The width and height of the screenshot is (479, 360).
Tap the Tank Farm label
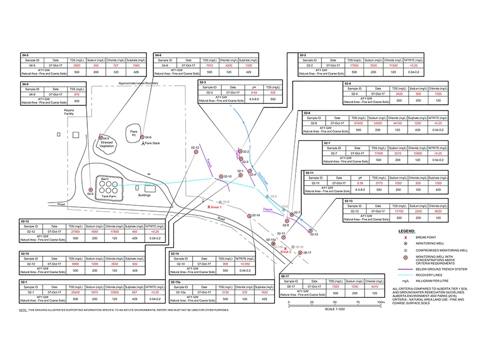click(x=109, y=195)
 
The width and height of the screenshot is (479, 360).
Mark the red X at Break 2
click(x=285, y=248)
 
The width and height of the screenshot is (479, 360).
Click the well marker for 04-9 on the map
click(x=90, y=189)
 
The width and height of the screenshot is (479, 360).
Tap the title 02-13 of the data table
click(x=349, y=201)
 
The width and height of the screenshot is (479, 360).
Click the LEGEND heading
click(x=407, y=231)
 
